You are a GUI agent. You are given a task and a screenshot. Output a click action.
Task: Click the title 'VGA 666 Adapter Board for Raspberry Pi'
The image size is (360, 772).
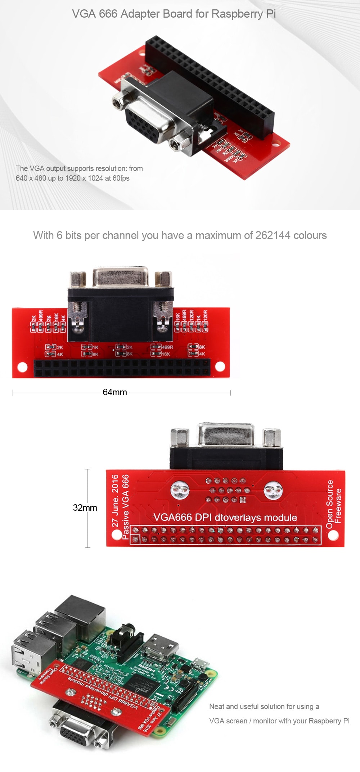174,14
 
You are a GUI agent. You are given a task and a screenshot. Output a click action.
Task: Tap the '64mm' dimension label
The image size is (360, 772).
115,392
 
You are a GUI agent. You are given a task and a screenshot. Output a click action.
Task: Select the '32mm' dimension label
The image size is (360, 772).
85,507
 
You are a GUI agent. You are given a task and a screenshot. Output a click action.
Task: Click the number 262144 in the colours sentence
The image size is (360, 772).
273,235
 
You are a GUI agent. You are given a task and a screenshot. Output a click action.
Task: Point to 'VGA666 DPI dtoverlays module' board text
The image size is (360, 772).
226,517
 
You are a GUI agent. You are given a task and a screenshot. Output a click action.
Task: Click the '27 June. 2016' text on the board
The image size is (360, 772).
115,501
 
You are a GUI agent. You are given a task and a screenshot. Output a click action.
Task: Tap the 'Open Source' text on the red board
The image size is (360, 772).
329,504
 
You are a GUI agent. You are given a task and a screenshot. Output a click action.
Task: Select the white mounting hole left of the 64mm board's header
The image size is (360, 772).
22,367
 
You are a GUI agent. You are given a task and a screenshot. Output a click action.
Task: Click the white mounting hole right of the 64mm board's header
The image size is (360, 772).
220,367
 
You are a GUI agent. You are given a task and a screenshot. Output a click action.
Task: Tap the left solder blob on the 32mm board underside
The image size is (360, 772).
180,490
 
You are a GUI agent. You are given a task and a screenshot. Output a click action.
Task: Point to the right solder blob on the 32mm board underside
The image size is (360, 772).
273,490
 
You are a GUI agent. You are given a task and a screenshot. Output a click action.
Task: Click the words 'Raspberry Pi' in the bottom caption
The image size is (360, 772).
329,721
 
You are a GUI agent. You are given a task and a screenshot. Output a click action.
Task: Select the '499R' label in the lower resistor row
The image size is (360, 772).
167,347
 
